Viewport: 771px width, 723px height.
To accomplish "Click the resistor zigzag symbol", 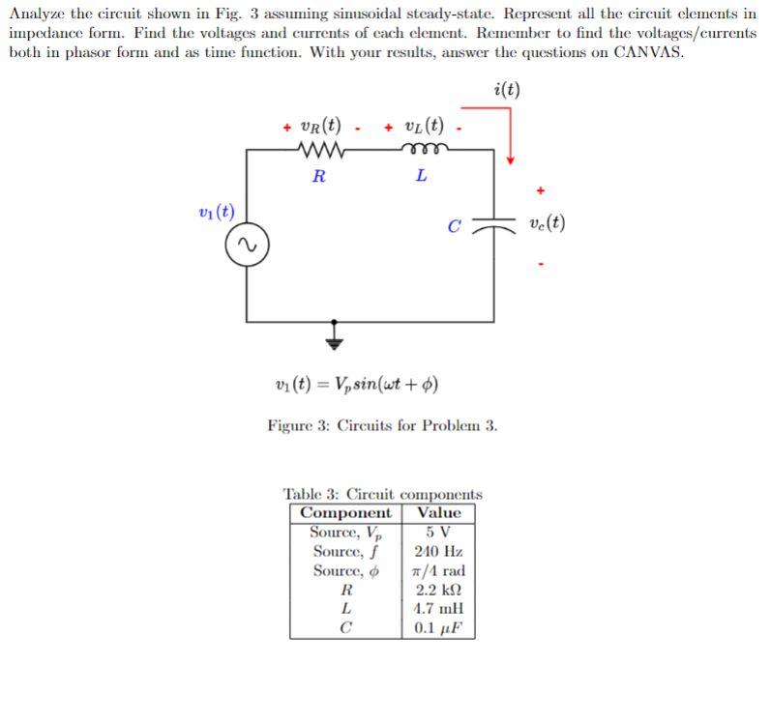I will click(x=318, y=151).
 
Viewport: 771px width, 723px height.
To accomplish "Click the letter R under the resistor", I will click(x=318, y=177).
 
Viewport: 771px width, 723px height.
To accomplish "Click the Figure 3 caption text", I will click(x=382, y=424).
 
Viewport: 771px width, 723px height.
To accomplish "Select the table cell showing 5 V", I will click(x=438, y=532).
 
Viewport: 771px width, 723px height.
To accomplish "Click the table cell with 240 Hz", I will click(x=438, y=551).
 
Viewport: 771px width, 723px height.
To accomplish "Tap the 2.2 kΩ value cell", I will click(x=438, y=590).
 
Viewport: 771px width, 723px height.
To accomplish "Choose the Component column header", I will click(x=346, y=512).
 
